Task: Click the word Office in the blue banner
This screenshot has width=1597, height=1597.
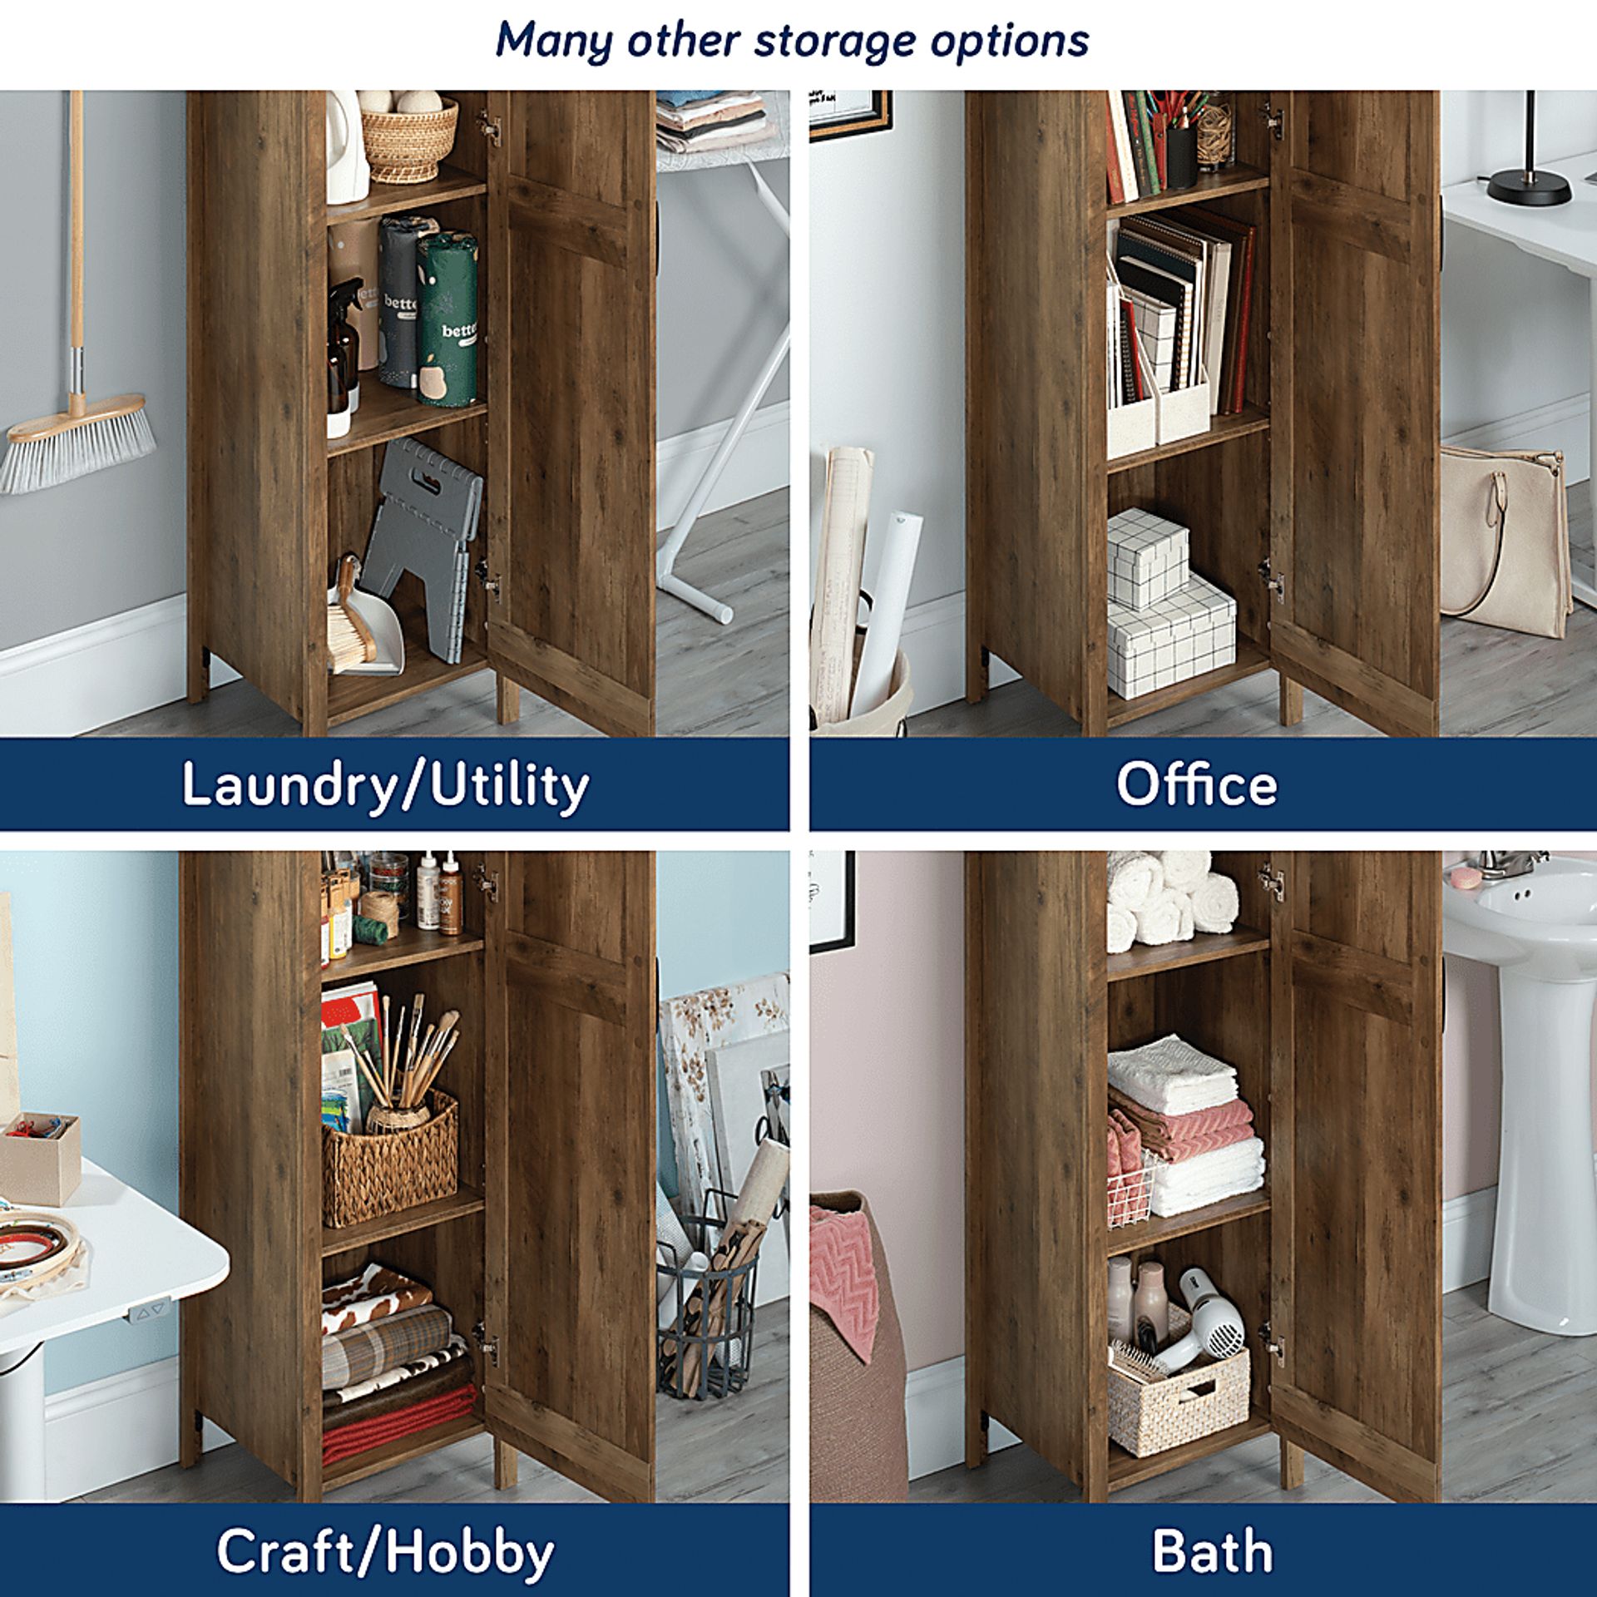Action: coord(1196,784)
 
